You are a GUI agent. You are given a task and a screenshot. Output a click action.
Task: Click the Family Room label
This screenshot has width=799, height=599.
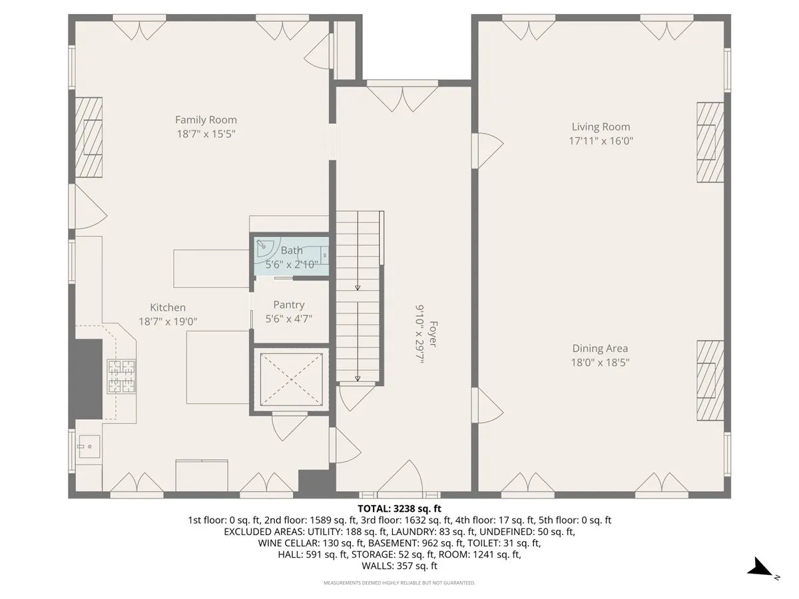(206, 120)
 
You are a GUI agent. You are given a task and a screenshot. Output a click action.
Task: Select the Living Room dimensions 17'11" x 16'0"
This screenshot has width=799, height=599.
(601, 141)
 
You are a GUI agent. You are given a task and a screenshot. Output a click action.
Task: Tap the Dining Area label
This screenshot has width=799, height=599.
(600, 348)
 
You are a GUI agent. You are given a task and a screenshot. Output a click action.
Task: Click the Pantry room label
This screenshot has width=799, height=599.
(288, 305)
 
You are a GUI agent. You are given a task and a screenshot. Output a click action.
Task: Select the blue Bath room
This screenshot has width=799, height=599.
(292, 256)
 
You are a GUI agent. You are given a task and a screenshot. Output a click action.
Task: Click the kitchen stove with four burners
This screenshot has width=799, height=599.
(121, 376)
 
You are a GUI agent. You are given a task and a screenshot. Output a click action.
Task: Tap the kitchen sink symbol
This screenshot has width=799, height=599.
(88, 444)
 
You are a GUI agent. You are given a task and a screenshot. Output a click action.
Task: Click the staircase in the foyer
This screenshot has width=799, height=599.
(358, 296)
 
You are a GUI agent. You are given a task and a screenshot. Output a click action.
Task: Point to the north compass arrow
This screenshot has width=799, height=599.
(760, 568)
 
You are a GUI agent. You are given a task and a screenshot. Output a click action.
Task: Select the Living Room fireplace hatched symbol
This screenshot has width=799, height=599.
(710, 142)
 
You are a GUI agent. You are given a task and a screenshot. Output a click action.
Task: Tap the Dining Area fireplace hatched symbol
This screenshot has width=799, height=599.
(710, 380)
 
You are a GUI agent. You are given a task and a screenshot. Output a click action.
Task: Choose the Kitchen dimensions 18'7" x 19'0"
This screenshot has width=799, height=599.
(168, 321)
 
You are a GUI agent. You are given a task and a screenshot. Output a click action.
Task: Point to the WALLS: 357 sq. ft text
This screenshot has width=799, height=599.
(399, 566)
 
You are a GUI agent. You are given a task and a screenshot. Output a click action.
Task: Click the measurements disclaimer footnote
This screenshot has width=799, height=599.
(399, 583)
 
